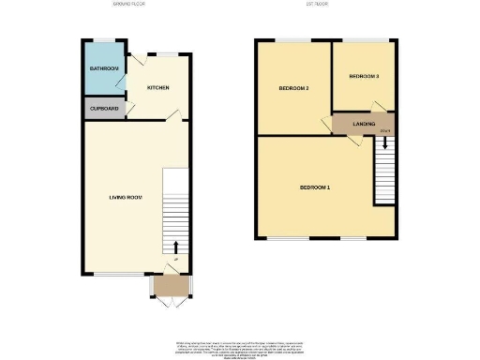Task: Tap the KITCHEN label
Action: coord(158,88)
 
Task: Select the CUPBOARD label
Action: coord(103,108)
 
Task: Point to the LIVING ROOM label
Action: coord(125,198)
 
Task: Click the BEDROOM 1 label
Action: coord(314,187)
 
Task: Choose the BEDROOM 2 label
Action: coord(293,89)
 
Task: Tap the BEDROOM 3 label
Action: coord(364,76)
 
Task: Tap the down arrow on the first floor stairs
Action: coord(384,145)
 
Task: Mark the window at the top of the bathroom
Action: coord(104,40)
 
